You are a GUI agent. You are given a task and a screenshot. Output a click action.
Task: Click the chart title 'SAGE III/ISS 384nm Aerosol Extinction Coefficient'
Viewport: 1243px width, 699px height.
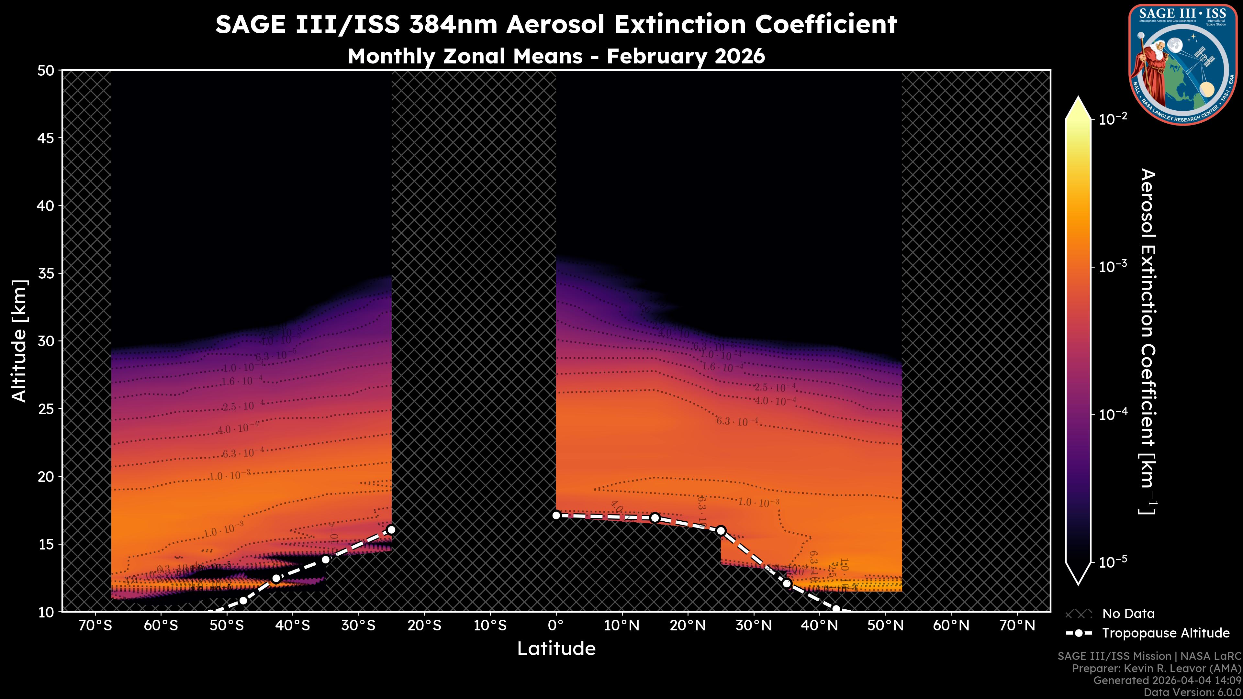(556, 24)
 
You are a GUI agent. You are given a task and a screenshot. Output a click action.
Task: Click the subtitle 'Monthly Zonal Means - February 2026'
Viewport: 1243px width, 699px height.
(556, 56)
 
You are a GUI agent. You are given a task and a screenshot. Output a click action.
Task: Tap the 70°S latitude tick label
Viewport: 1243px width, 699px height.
(95, 626)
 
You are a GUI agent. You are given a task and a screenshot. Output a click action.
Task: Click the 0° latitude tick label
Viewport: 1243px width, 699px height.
(556, 626)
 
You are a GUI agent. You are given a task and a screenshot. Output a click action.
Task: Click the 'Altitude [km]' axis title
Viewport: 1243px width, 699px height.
(19, 340)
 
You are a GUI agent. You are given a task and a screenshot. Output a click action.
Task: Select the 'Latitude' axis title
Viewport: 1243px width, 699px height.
(556, 648)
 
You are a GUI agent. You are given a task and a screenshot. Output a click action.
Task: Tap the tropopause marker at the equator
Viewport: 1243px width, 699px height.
(556, 515)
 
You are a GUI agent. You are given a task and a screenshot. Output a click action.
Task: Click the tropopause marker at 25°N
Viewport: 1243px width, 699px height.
(721, 531)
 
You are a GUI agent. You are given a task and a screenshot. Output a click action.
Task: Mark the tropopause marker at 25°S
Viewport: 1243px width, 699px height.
(391, 530)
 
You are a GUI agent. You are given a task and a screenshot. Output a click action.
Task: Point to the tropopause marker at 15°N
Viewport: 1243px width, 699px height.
(655, 518)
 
